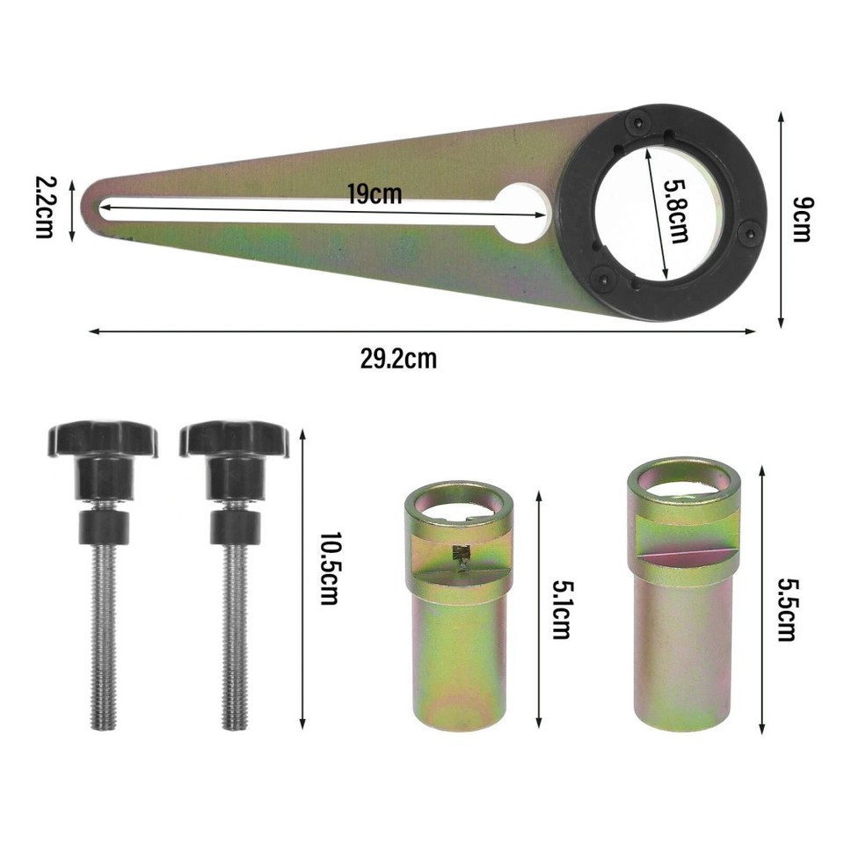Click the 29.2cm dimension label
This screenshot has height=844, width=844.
coord(398,359)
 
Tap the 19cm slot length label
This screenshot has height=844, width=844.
coord(375,193)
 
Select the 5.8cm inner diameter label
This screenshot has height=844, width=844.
coord(676,211)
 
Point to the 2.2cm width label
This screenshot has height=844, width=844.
coord(44,207)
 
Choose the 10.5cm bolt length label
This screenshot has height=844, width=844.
coord(329,569)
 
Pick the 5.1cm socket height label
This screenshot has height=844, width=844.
coord(562,609)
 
